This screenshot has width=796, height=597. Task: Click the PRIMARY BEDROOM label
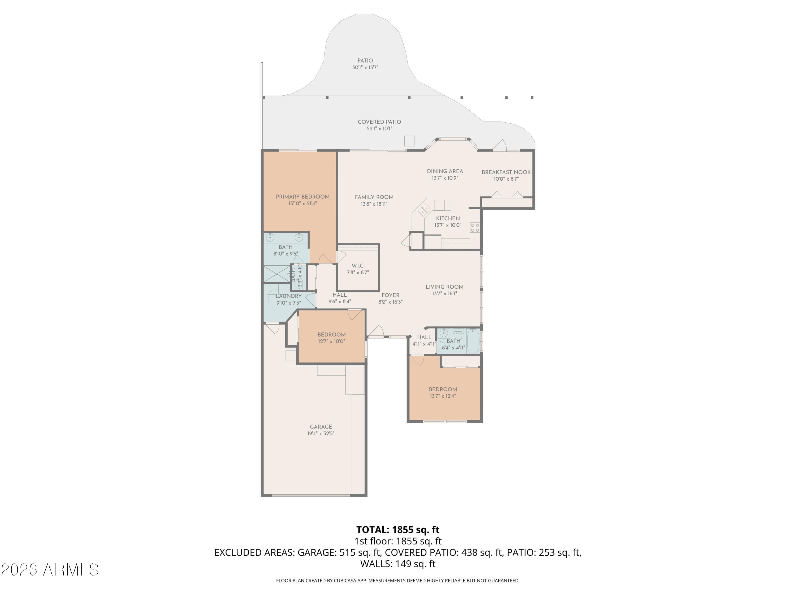point(303,197)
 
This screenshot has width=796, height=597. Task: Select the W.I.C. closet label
point(358,266)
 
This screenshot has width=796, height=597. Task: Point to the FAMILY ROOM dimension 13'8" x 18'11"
point(374,204)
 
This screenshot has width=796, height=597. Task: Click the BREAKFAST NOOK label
point(506,172)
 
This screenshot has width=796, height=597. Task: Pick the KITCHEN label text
point(448,218)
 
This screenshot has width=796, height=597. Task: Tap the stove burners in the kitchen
point(475,227)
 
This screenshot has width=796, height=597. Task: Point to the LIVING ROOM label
point(445,287)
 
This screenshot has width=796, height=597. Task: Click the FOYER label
point(391,295)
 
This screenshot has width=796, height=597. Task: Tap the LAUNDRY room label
point(289,296)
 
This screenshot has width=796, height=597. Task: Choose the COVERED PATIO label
point(379,122)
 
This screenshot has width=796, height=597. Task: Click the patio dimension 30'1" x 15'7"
point(365,68)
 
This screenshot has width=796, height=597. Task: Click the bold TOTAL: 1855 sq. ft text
point(398,530)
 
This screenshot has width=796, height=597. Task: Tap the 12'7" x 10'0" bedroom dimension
point(331,341)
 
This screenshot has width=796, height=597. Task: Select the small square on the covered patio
point(409,141)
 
